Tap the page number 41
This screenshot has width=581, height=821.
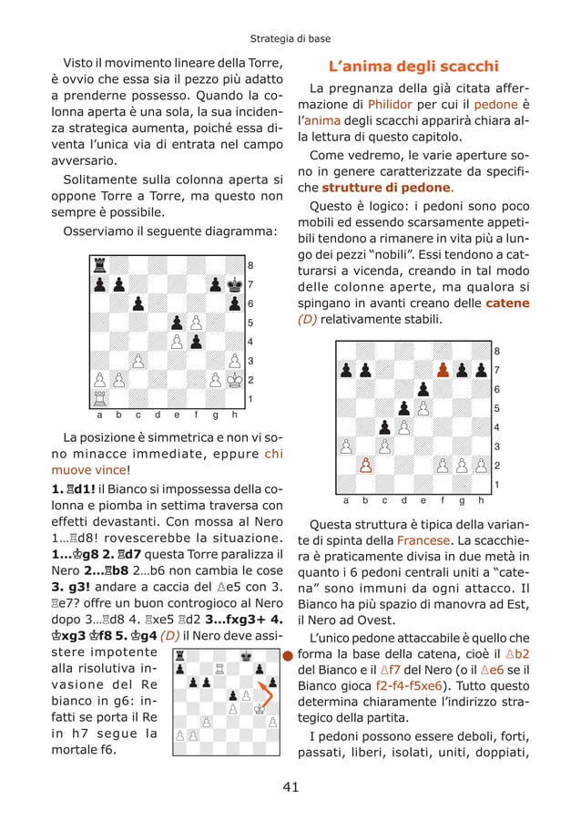tap(290, 787)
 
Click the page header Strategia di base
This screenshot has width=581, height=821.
tap(290, 39)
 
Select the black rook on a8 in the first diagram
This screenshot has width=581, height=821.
tap(99, 265)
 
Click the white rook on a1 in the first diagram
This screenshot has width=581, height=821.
tap(99, 399)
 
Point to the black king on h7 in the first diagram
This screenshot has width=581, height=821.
tap(233, 284)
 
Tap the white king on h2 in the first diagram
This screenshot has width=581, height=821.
tap(233, 380)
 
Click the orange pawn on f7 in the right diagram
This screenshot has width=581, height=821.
tap(443, 370)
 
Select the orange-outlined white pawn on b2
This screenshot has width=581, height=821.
tap(365, 466)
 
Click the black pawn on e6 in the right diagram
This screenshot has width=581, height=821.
tap(423, 389)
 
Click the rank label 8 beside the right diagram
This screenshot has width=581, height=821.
tap(496, 351)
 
